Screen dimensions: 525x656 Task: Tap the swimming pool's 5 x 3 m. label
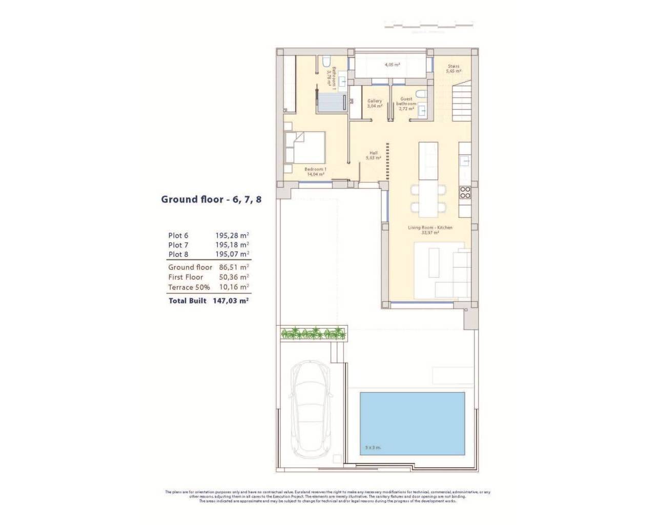click(x=373, y=448)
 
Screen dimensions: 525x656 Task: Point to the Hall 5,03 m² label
click(x=374, y=155)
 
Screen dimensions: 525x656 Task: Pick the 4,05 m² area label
click(x=392, y=65)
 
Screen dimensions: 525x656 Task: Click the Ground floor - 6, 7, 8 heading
click(x=211, y=199)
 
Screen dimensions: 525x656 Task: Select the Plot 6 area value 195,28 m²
click(x=232, y=235)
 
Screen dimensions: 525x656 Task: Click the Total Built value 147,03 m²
click(x=230, y=301)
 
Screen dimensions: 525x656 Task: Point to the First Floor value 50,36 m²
click(x=232, y=277)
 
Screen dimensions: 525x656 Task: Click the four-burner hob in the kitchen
click(x=465, y=192)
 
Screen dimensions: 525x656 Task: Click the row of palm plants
click(x=313, y=333)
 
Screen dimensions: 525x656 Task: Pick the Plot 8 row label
click(x=178, y=254)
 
